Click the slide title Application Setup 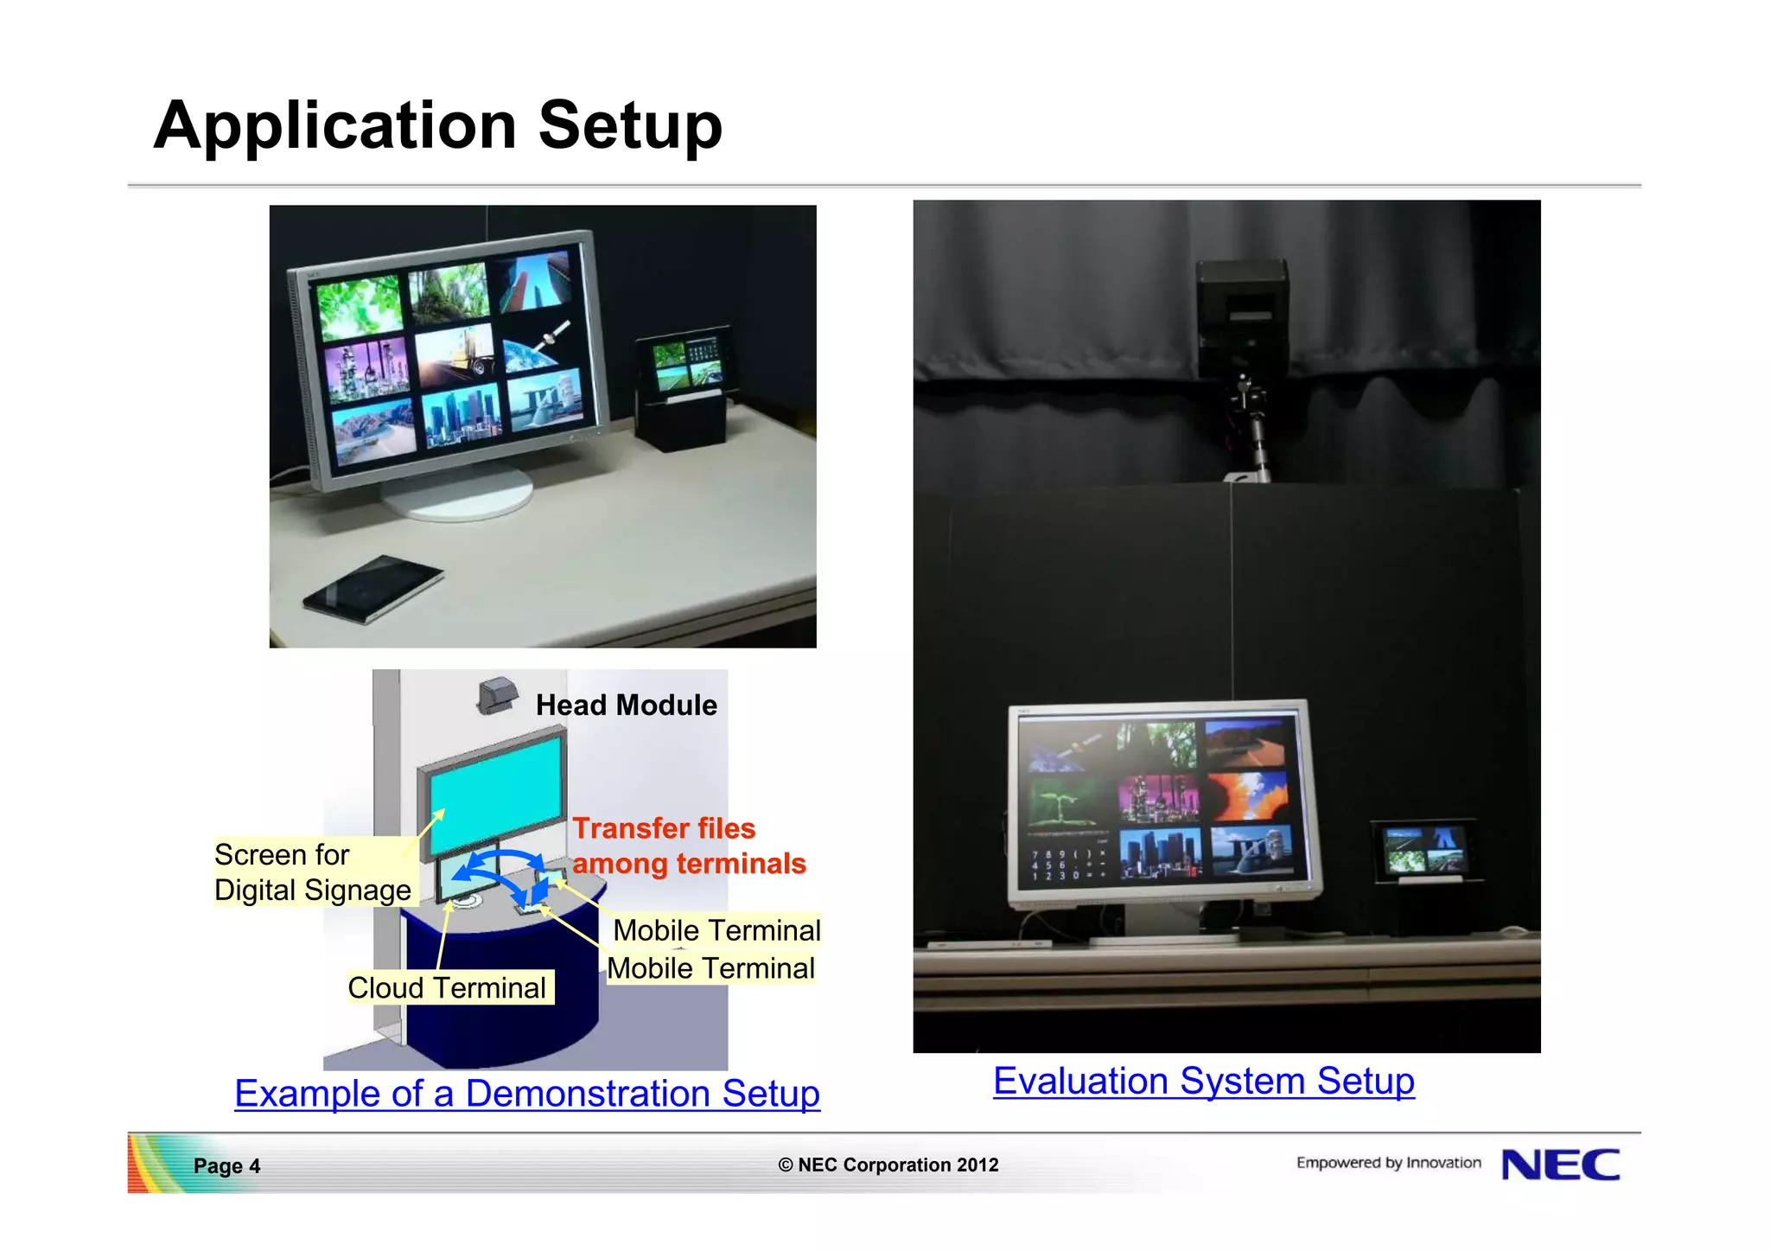437,126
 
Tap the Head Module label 626,705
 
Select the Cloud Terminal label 447,987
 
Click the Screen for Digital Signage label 312,872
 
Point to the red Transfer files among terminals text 688,846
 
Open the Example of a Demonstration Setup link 527,1094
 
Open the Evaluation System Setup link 1203,1082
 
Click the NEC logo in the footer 1561,1165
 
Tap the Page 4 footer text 226,1165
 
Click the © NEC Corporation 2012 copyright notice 888,1165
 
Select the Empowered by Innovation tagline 1388,1163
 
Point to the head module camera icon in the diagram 497,694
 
